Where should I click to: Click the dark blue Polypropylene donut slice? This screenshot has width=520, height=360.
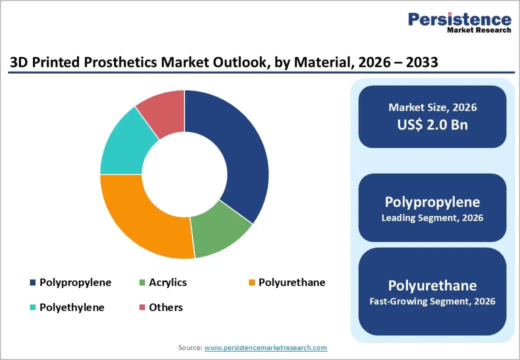[235, 150]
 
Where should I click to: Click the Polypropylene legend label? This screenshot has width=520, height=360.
[75, 282]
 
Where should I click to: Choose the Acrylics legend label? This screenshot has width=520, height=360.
[167, 282]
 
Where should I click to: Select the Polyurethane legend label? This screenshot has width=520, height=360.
[291, 282]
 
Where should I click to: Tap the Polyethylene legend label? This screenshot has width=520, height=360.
[71, 307]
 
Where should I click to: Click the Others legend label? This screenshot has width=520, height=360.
[165, 307]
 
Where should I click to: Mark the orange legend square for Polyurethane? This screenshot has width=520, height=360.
[252, 283]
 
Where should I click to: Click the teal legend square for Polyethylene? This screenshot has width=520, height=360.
[33, 307]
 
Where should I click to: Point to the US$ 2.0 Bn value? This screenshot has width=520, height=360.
[432, 124]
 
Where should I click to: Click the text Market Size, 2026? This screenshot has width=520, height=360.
[432, 107]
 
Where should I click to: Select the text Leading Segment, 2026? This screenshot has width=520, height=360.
[432, 218]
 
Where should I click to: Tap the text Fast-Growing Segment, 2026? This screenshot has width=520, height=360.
[432, 301]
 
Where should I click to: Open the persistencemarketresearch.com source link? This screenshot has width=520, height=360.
[265, 347]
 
